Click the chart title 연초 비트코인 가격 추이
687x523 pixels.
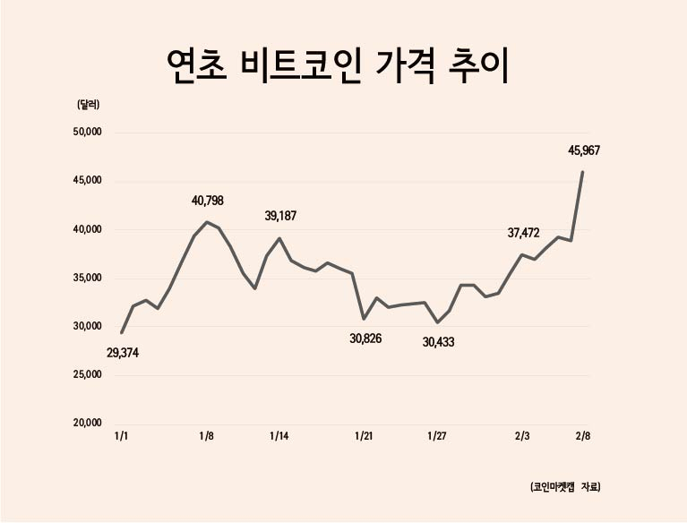tap(338, 66)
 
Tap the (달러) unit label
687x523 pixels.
tap(89, 105)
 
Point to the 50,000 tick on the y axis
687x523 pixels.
tap(87, 132)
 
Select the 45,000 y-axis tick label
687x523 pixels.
tap(87, 181)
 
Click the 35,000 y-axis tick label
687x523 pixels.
tap(87, 278)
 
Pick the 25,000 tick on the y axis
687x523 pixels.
tap(87, 374)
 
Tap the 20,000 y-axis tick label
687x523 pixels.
tap(87, 423)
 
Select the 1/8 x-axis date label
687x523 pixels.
tap(206, 436)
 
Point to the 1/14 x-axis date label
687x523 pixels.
tap(279, 436)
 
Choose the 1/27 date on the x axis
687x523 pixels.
tap(437, 436)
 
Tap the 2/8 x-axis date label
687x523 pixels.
tap(583, 436)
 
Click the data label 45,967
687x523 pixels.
tap(584, 150)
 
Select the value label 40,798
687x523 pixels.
tap(208, 201)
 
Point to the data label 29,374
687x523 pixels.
tap(123, 353)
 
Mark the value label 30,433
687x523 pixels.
tap(438, 342)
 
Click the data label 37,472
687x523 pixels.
tap(524, 233)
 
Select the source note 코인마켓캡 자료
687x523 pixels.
tap(565, 487)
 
